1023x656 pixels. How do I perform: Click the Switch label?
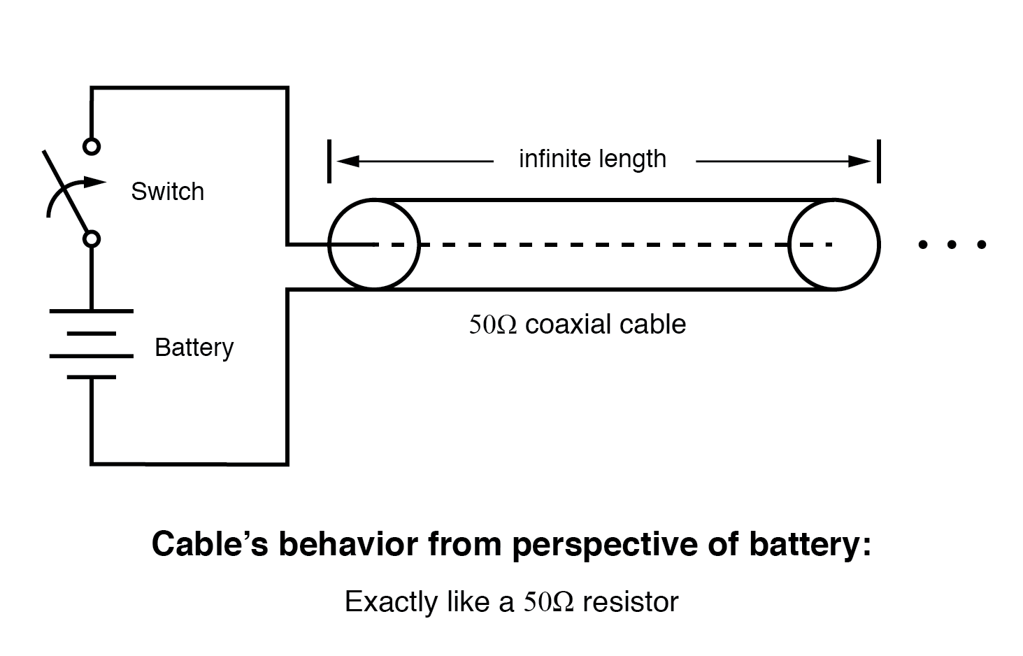tap(167, 192)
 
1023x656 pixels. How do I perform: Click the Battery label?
tap(194, 348)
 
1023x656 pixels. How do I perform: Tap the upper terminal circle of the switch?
tap(91, 146)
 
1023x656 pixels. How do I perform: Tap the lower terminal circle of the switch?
tap(91, 239)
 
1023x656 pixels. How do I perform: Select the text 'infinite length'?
tap(592, 159)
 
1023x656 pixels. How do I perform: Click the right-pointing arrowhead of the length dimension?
tap(859, 162)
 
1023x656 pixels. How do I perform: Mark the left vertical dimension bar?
tap(329, 162)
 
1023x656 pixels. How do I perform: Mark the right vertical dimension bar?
tap(878, 162)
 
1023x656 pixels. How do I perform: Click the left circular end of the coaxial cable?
tap(373, 244)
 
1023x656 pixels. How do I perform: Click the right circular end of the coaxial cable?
tap(834, 244)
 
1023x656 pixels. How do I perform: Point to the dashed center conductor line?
tap(601, 245)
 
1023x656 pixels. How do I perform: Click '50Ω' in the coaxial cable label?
tap(492, 325)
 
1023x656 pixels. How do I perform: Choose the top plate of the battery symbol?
tap(91, 311)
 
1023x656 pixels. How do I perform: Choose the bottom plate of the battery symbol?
tap(91, 377)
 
